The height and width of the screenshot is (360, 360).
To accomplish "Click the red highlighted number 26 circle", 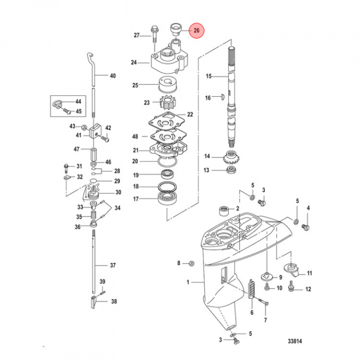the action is pyautogui.click(x=196, y=30).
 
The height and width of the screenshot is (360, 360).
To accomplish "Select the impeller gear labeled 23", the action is pyautogui.click(x=167, y=103).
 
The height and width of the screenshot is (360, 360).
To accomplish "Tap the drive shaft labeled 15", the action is pyautogui.click(x=231, y=97).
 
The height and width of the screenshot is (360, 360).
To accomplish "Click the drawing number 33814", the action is pyautogui.click(x=295, y=341).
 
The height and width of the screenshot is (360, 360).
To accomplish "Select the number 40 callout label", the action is pyautogui.click(x=113, y=76).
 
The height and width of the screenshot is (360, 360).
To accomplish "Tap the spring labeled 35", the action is pyautogui.click(x=93, y=216).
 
